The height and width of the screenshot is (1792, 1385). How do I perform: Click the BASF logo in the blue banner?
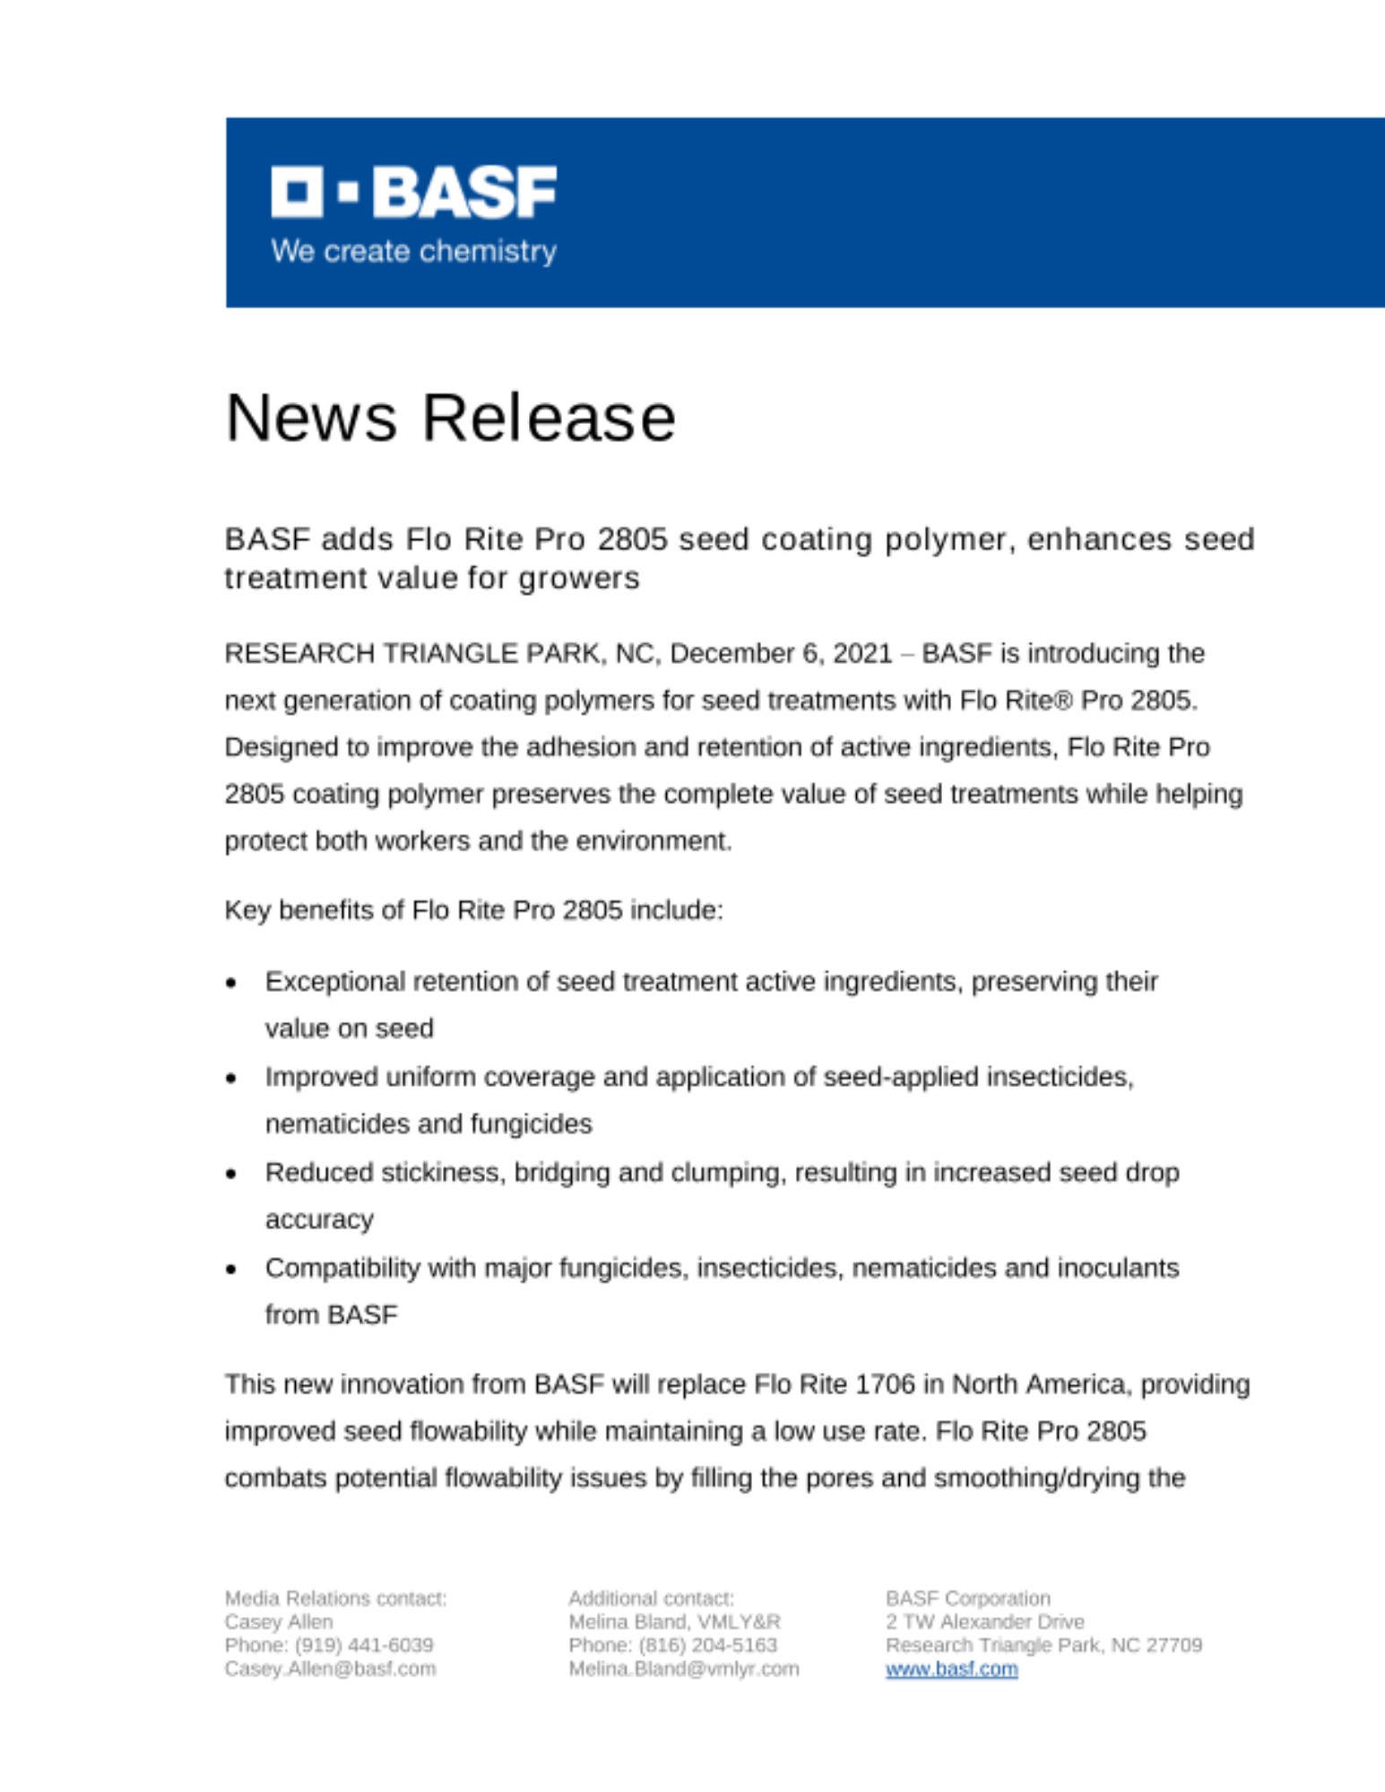click(x=413, y=191)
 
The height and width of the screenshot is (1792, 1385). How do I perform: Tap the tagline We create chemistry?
click(x=413, y=251)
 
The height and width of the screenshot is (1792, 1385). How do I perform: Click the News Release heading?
click(x=450, y=418)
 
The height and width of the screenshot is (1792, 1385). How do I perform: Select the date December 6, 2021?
click(x=780, y=653)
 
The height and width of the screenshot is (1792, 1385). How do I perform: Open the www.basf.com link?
click(x=951, y=1669)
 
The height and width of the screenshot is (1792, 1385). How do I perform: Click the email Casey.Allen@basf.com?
click(x=330, y=1669)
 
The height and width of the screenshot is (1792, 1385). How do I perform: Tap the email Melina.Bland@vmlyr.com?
click(x=683, y=1669)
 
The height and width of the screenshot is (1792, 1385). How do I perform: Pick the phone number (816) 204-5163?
click(x=708, y=1645)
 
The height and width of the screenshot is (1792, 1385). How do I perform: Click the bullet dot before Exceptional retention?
click(x=231, y=983)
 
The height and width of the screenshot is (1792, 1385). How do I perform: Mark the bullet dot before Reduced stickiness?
click(x=231, y=1174)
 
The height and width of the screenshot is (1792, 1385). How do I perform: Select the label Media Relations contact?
click(x=335, y=1598)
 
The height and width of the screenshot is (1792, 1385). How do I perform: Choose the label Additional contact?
click(x=651, y=1598)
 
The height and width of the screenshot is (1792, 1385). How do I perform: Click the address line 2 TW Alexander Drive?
click(x=984, y=1622)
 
